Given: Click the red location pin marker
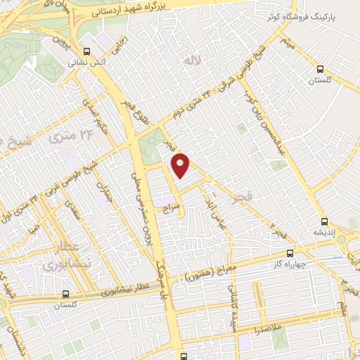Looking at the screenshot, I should click(x=181, y=165).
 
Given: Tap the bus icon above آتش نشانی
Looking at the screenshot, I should click(x=86, y=51).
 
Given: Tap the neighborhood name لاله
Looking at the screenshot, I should click(x=192, y=63).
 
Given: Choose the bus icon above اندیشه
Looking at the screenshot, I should click(x=323, y=219).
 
